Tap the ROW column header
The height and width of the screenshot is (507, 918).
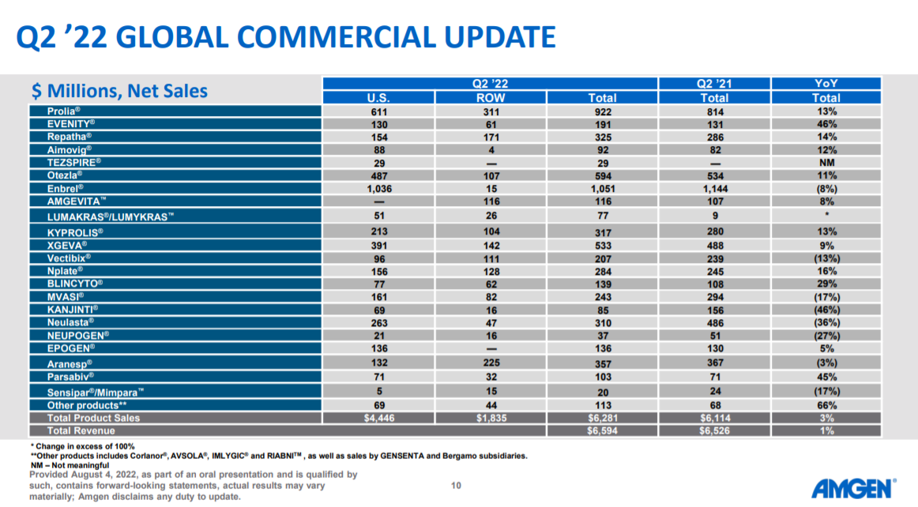point(491,98)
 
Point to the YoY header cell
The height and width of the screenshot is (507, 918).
point(826,83)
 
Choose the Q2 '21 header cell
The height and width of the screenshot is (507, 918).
point(714,83)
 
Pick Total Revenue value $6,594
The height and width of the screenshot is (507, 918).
point(603,430)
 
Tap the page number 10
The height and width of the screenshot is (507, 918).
point(455,485)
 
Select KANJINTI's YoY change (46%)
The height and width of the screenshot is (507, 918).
point(826,309)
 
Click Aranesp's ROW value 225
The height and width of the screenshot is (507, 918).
point(491,362)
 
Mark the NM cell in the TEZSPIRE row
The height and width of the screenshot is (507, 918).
point(826,163)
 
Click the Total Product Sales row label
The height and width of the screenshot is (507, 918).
point(93,418)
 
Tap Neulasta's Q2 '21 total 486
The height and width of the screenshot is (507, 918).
point(714,322)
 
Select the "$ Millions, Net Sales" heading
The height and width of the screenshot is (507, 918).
point(119,92)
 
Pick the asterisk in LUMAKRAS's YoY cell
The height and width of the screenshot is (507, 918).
point(826,214)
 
